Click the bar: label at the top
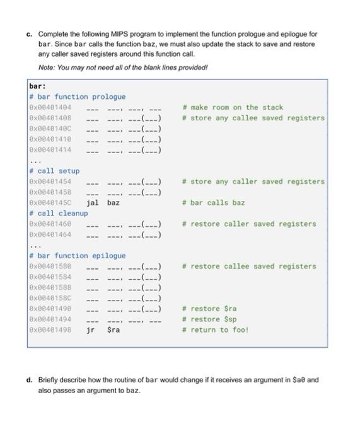point(38,86)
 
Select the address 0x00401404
point(50,108)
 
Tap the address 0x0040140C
point(50,129)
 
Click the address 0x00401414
point(50,150)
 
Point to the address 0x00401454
point(50,181)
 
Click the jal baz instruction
point(103,203)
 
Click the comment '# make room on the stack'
point(232,108)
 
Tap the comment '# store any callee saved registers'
point(253,118)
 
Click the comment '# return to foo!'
point(215,330)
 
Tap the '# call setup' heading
point(55,171)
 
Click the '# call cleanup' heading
point(59,214)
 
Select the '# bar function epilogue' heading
point(78,256)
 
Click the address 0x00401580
point(50,266)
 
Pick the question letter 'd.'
point(30,381)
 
